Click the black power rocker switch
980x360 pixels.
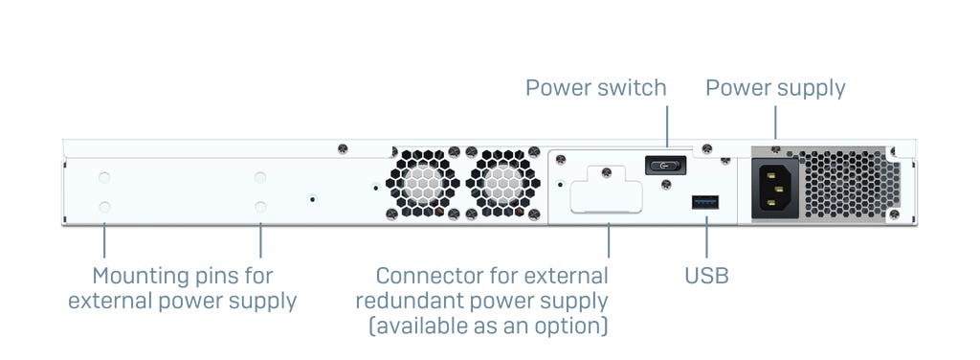[x=666, y=166]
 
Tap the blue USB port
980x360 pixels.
[x=705, y=202]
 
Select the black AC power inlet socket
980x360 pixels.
[x=775, y=188]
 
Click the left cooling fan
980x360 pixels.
[x=422, y=183]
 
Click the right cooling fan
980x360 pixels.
[x=502, y=183]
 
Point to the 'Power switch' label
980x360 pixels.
[x=595, y=87]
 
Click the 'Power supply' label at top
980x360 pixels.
[x=775, y=88]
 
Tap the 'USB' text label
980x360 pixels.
[x=706, y=276]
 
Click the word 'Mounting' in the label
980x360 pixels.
[x=140, y=277]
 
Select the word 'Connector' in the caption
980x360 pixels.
[x=426, y=276]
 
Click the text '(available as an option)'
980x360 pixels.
[x=487, y=326]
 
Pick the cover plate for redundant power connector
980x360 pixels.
[x=606, y=189]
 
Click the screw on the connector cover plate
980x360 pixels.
[x=606, y=172]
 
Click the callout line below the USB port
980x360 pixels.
[x=706, y=236]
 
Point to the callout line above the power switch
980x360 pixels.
[x=667, y=126]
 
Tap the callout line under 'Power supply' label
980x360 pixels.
[x=775, y=123]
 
